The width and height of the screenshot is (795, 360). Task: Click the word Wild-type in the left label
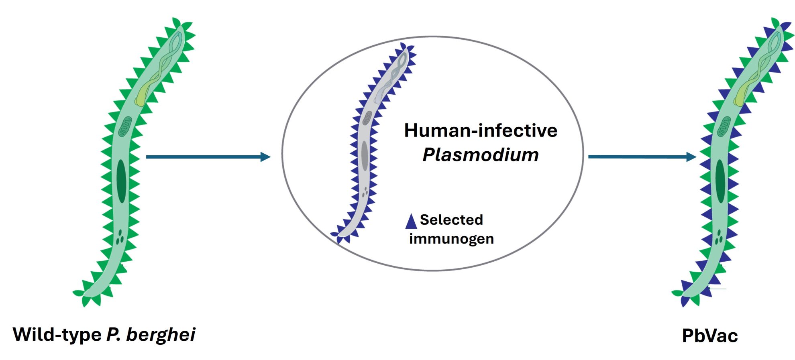click(x=57, y=334)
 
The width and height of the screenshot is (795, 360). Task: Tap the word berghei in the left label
click(x=161, y=334)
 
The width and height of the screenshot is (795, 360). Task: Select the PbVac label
click(x=709, y=336)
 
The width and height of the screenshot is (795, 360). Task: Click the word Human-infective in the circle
click(x=480, y=131)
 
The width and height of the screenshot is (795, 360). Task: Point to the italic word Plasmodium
click(x=480, y=155)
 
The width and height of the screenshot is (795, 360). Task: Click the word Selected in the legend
click(x=451, y=220)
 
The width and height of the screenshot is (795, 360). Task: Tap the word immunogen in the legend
click(x=451, y=239)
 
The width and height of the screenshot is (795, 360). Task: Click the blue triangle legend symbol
click(x=411, y=222)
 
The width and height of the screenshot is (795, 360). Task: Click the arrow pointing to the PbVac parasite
click(x=642, y=157)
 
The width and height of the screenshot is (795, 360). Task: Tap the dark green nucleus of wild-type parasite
click(x=121, y=181)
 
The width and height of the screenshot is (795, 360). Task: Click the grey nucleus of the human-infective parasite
click(x=365, y=156)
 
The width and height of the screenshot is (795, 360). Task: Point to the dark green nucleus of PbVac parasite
click(x=721, y=181)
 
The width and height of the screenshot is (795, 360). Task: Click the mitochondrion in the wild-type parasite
click(x=125, y=126)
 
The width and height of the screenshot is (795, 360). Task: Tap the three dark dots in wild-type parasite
click(x=120, y=238)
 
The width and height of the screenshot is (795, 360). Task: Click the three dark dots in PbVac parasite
click(x=719, y=237)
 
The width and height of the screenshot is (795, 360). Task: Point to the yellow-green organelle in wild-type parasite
click(x=143, y=96)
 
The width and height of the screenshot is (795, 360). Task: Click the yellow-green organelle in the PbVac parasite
click(x=742, y=96)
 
